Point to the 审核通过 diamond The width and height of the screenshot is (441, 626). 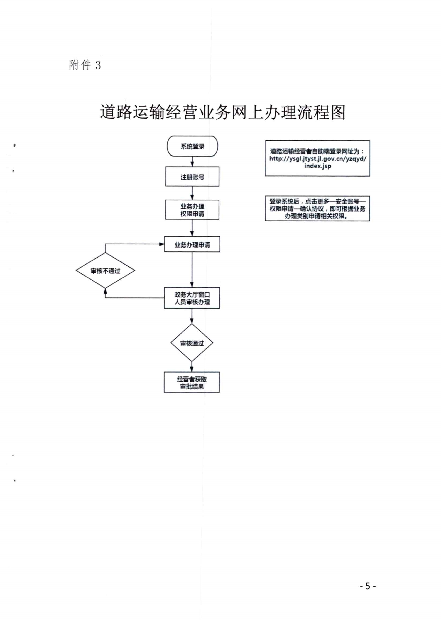coord(192,343)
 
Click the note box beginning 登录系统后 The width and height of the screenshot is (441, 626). coord(318,208)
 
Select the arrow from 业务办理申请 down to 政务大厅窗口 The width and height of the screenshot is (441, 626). coord(192,270)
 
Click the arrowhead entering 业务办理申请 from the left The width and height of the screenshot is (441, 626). coord(162,244)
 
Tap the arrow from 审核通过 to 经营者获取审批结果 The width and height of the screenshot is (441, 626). coord(192,367)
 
